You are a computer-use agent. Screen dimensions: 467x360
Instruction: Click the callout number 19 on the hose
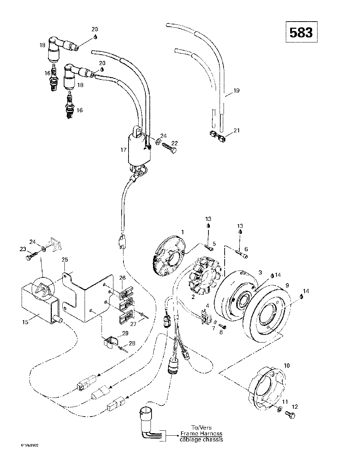pos(236,91)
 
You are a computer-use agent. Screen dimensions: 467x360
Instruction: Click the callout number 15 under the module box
pos(25,322)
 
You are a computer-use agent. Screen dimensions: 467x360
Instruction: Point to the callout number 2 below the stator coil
pos(193,297)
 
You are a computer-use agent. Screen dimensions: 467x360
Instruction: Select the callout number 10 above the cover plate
pos(287,365)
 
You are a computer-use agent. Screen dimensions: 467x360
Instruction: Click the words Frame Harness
pos(201,434)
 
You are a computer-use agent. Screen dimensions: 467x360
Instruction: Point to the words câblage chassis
pos(201,439)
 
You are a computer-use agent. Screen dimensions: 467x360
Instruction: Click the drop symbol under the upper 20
pos(96,37)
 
